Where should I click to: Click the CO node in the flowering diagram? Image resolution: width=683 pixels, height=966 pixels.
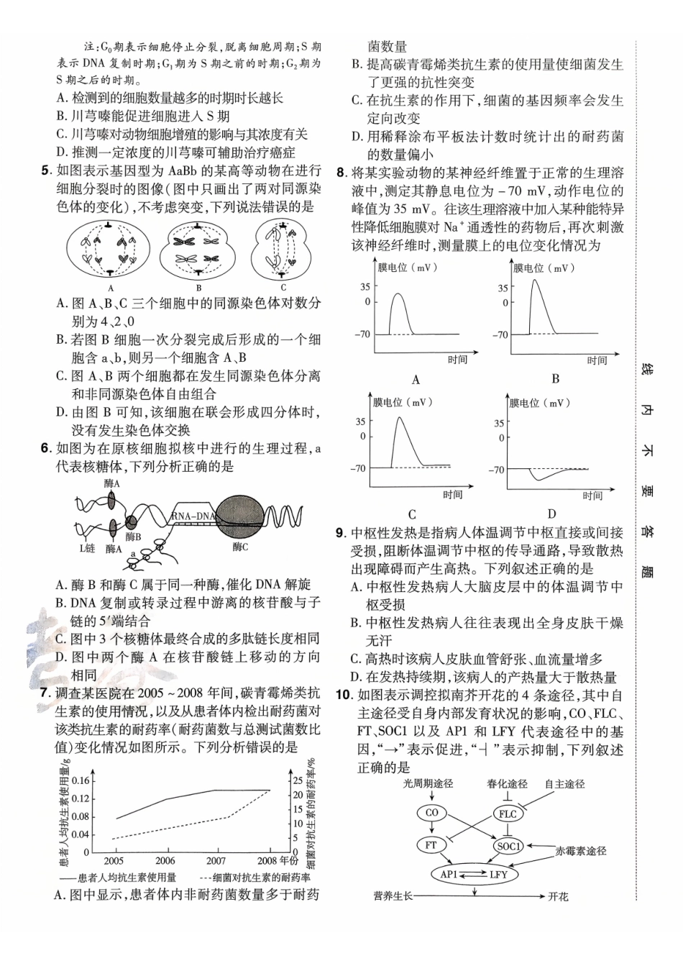tap(431, 814)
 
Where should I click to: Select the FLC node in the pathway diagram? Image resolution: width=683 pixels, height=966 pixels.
tap(508, 814)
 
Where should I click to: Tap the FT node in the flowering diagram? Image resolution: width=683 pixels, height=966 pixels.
tap(431, 845)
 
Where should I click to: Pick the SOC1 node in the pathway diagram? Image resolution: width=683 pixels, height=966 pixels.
tap(508, 846)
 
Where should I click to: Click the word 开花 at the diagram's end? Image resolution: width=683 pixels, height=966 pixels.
tap(558, 896)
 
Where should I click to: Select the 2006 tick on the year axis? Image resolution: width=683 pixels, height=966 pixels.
tap(165, 860)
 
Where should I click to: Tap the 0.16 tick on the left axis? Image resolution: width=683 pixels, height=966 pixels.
tap(81, 781)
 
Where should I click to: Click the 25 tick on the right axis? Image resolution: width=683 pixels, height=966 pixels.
tap(298, 780)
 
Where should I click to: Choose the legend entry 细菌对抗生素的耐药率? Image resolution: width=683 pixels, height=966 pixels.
tap(262, 878)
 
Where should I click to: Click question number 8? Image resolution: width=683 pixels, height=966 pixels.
tap(341, 173)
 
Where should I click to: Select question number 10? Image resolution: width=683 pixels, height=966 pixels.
tap(343, 695)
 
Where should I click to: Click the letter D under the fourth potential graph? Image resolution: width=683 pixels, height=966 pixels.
tap(551, 514)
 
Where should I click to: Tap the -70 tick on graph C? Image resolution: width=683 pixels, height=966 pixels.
tap(358, 469)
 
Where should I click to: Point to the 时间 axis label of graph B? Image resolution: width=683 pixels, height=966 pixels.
tap(596, 360)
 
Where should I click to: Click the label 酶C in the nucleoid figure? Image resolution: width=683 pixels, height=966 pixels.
tap(240, 547)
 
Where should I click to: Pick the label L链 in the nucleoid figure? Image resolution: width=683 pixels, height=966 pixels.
tap(86, 548)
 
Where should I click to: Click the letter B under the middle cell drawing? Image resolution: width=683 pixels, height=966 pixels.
tap(199, 288)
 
